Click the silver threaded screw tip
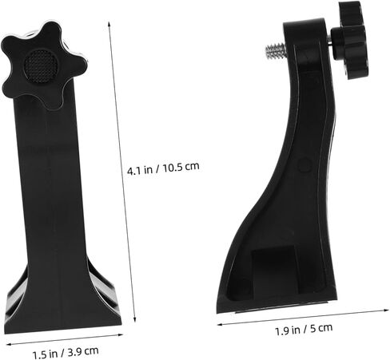coord(276,51)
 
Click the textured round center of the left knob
coord(41,65)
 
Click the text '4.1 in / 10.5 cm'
coord(163,168)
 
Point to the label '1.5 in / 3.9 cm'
coord(66,352)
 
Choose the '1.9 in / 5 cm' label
coord(304,329)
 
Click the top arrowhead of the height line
coord(109,24)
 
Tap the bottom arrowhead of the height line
coord(135,319)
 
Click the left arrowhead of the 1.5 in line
coord(9,344)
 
